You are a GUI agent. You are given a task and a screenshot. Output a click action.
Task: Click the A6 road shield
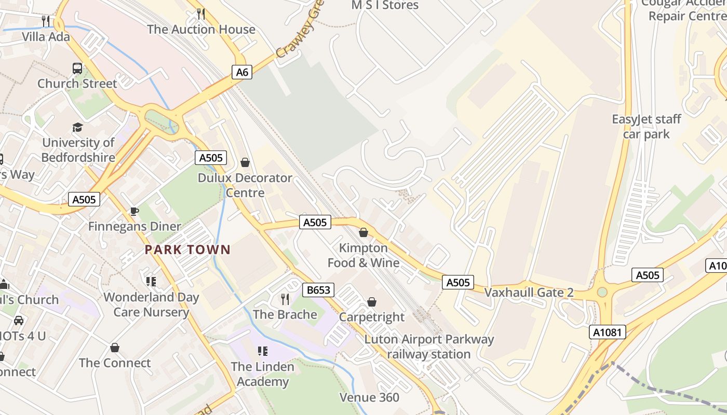pyautogui.click(x=242, y=72)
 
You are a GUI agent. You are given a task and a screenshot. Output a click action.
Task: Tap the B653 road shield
pyautogui.click(x=318, y=290)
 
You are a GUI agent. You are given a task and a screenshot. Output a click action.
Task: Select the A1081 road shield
pyautogui.click(x=608, y=332)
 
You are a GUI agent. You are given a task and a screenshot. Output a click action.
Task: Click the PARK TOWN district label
pyautogui.click(x=187, y=250)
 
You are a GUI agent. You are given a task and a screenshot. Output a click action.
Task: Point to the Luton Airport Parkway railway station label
pyautogui.click(x=429, y=347)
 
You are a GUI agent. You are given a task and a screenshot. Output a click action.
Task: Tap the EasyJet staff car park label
pyautogui.click(x=647, y=127)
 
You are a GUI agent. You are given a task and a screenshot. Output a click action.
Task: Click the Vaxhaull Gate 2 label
pyautogui.click(x=529, y=293)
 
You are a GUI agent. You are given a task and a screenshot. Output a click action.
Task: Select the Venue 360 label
pyautogui.click(x=369, y=397)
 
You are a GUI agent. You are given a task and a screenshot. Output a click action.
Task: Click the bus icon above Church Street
pyautogui.click(x=77, y=68)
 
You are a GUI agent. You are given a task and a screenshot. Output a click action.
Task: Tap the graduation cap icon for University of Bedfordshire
pyautogui.click(x=77, y=127)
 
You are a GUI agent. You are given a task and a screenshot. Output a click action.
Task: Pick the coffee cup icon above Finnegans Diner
pyautogui.click(x=134, y=211)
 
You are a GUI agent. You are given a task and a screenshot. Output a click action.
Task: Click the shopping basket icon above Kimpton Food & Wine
pyautogui.click(x=363, y=232)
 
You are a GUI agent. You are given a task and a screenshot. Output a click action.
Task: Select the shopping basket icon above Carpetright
pyautogui.click(x=372, y=302)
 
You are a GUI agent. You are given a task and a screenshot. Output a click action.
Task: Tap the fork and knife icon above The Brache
pyautogui.click(x=285, y=299)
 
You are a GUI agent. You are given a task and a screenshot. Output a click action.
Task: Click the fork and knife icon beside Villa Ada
pyautogui.click(x=46, y=21)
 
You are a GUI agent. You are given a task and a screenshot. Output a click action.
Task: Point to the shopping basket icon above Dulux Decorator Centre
pyautogui.click(x=245, y=163)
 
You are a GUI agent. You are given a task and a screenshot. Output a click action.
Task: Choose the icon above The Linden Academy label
pyautogui.click(x=263, y=351)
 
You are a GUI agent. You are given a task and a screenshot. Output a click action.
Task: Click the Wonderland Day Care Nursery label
pyautogui.click(x=151, y=305)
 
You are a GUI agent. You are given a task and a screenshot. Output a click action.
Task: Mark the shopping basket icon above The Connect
pyautogui.click(x=115, y=348)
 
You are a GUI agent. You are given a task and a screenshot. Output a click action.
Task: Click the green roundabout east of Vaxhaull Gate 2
pyautogui.click(x=602, y=292)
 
